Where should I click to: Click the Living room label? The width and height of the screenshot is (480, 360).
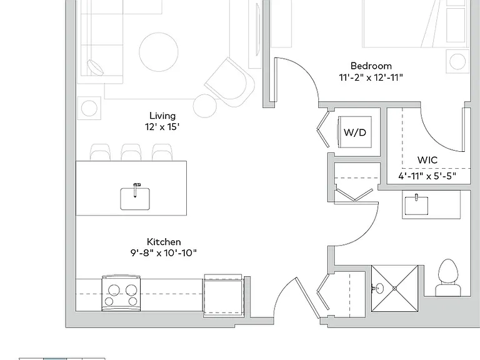[162, 116]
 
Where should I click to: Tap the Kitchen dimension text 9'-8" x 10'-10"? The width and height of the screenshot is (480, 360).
[164, 253]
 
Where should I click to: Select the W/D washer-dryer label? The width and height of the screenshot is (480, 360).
[355, 132]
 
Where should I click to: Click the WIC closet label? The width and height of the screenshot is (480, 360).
[427, 160]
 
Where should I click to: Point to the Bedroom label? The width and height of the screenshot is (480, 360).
[371, 66]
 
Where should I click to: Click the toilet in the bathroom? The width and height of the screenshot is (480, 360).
[449, 277]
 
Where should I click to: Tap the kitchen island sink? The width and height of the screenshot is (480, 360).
[135, 199]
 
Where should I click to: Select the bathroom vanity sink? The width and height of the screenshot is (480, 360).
[416, 206]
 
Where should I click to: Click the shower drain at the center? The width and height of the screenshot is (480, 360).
[394, 288]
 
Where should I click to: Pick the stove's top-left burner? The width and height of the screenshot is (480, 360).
[114, 289]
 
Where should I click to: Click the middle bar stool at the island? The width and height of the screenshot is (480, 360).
[131, 152]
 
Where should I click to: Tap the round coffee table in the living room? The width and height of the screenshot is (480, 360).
[159, 52]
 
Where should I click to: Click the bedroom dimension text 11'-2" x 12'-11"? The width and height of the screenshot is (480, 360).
[371, 77]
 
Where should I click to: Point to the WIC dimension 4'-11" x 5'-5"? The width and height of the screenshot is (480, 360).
[427, 176]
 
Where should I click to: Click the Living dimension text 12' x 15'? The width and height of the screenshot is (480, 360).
[162, 127]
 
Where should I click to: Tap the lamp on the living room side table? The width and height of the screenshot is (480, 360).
[89, 108]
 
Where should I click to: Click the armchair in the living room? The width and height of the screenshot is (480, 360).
[230, 82]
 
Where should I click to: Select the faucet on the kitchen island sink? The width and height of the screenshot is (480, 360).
[135, 189]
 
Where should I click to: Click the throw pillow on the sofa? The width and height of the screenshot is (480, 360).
[95, 67]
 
